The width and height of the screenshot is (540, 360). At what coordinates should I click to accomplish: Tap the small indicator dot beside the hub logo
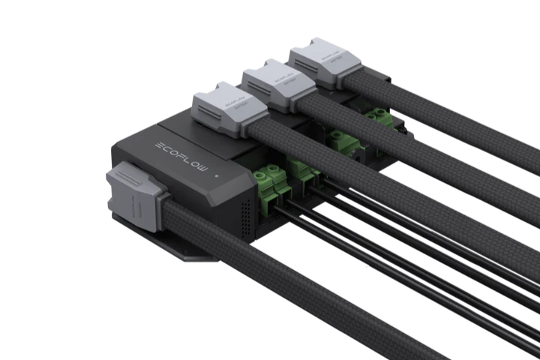click(217, 178)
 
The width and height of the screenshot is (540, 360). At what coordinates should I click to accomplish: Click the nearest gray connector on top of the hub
click(224, 109)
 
